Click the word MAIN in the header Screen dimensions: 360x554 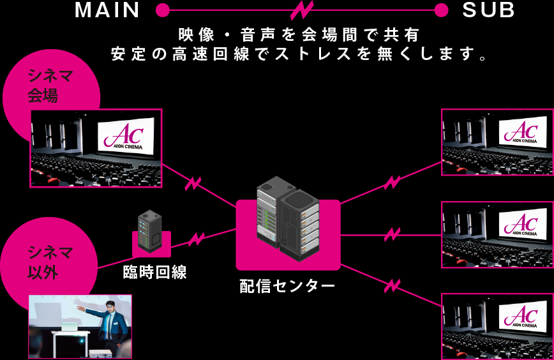point(107,10)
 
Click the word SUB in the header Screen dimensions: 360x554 point(488,10)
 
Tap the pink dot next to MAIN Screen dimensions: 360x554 point(162,10)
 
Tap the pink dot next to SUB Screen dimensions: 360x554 point(440,10)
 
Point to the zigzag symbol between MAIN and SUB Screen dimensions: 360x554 point(301,10)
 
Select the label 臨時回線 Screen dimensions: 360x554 point(154,273)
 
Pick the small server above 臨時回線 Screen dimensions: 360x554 point(150,230)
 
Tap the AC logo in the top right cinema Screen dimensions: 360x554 point(521,131)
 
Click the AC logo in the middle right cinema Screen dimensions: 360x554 point(521,223)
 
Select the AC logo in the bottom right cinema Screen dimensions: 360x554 point(521,316)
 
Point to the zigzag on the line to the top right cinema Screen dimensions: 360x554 point(391,183)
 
